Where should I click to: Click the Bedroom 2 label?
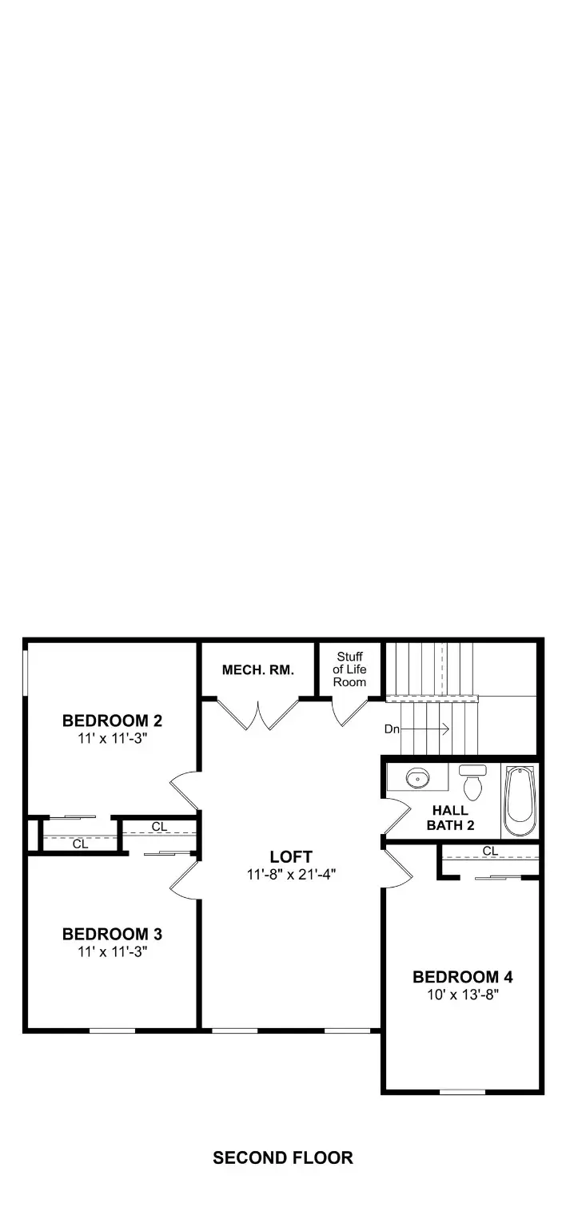(x=112, y=721)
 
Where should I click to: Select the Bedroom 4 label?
(x=462, y=977)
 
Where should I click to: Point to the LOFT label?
(x=290, y=856)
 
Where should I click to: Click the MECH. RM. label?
(x=257, y=670)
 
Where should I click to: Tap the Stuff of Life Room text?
(x=349, y=669)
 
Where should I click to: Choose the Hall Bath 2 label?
(x=449, y=817)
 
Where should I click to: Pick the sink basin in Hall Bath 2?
(x=417, y=776)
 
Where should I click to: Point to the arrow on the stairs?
(x=428, y=729)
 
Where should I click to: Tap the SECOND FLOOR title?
(x=283, y=1158)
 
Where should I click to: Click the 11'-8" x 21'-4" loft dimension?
(x=290, y=874)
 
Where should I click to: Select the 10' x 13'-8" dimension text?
(x=462, y=995)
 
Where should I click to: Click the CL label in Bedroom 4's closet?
(x=490, y=852)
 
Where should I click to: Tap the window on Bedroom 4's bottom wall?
(x=462, y=1091)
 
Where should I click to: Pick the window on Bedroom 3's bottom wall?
(x=112, y=1030)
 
